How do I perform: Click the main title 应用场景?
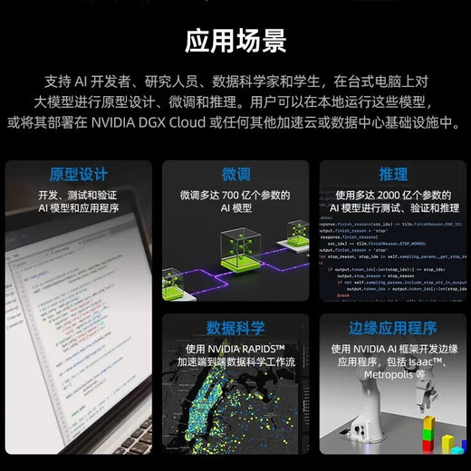235,41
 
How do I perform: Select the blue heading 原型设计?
78,174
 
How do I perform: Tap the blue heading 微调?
235,174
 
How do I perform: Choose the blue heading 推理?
393,174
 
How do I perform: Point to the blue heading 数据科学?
235,327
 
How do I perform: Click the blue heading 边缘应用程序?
393,328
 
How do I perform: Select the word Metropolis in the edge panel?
386,374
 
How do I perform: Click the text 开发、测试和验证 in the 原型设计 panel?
78,195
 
